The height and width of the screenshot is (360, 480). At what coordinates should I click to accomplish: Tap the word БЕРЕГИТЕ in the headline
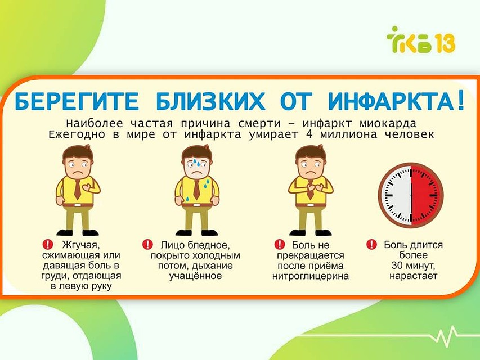click(x=77, y=101)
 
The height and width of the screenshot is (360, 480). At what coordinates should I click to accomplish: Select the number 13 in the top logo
click(x=444, y=43)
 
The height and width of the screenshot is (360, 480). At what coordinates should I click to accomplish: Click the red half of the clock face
click(x=427, y=195)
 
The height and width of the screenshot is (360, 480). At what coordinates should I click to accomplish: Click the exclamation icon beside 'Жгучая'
click(x=48, y=245)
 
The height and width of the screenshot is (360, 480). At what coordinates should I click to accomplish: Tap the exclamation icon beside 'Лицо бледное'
click(x=147, y=245)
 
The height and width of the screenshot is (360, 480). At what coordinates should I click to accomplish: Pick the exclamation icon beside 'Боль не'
click(x=280, y=245)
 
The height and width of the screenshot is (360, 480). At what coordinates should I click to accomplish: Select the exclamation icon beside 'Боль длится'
click(x=371, y=245)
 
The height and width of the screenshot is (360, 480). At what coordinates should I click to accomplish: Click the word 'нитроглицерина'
click(x=311, y=276)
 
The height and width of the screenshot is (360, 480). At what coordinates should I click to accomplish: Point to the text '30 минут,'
click(x=413, y=265)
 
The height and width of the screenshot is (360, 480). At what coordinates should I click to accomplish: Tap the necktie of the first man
click(x=77, y=189)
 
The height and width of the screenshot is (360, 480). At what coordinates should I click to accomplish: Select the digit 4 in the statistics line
click(x=309, y=134)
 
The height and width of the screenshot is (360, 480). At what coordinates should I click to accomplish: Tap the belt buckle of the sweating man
click(x=197, y=205)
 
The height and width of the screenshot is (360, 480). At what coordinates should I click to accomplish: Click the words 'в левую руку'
click(x=81, y=286)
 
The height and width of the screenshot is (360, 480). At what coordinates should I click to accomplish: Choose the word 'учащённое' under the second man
click(x=195, y=276)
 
